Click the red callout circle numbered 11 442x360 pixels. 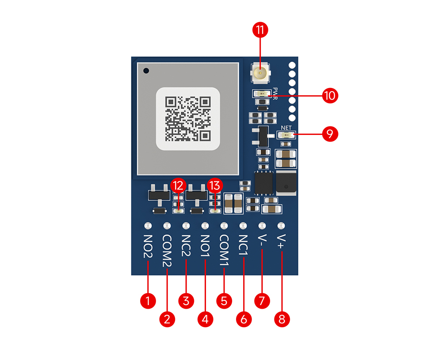pos(260,30)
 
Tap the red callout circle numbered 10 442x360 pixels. pos(330,96)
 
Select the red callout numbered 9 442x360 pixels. pos(330,134)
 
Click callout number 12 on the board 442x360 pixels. pos(178,186)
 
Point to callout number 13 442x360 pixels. pos(215,186)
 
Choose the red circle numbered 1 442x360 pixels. pos(148,301)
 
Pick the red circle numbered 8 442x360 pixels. pos(282,319)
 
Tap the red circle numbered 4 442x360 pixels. pos(205,319)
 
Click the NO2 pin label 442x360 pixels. pos(148,246)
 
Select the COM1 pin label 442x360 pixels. pos(224,250)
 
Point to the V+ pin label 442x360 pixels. pos(281,242)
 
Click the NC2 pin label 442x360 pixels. pos(186,245)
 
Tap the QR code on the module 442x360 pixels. pos(188,119)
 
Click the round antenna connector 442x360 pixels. pos(260,73)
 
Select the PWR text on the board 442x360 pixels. pos(275,94)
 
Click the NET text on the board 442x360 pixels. pos(286,128)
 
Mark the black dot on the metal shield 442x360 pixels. pos(146,70)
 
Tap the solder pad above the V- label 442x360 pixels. pos(262,226)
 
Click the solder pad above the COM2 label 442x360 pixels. pos(167,226)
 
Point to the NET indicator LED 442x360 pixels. pos(286,135)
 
